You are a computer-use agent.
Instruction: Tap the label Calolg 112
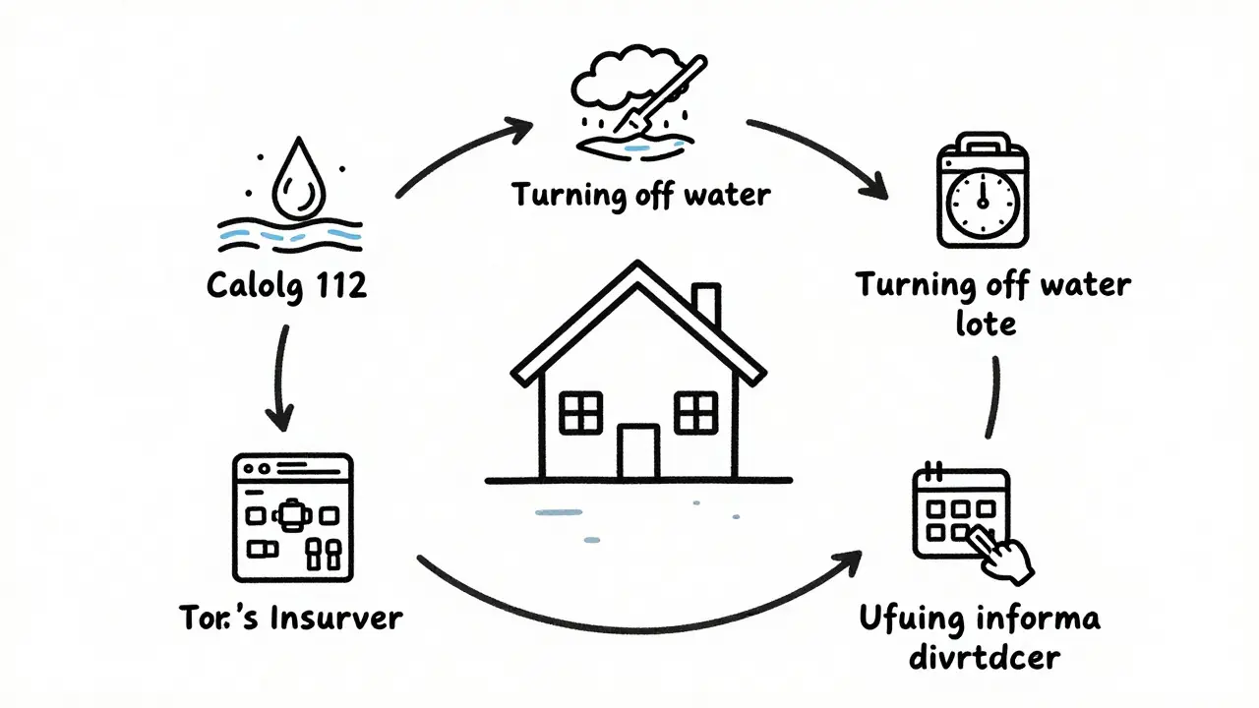[x=286, y=285]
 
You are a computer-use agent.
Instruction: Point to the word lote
[x=987, y=322]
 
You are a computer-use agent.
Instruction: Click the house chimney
[x=705, y=307]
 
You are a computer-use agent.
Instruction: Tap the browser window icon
[x=292, y=517]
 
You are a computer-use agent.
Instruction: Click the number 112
[x=338, y=285]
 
